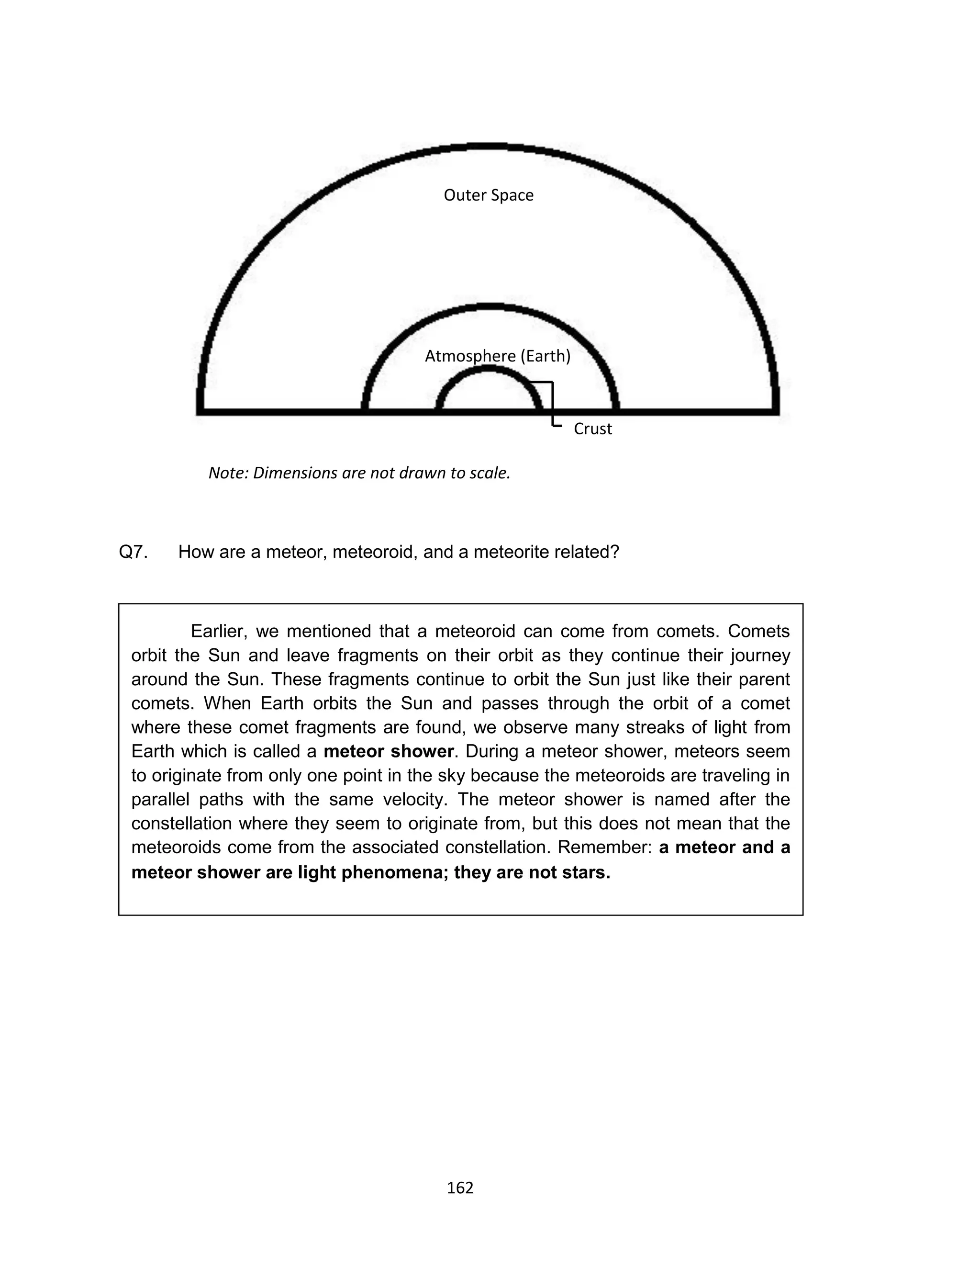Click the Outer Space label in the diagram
click(x=488, y=195)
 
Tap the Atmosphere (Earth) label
click(x=497, y=356)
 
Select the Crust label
click(x=593, y=429)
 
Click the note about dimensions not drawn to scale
click(x=359, y=473)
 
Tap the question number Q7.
click(x=133, y=552)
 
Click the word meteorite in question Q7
click(x=511, y=552)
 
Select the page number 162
click(x=460, y=1188)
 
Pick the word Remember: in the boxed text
click(x=604, y=848)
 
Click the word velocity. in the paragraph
click(x=416, y=800)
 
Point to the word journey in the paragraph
click(x=761, y=656)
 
